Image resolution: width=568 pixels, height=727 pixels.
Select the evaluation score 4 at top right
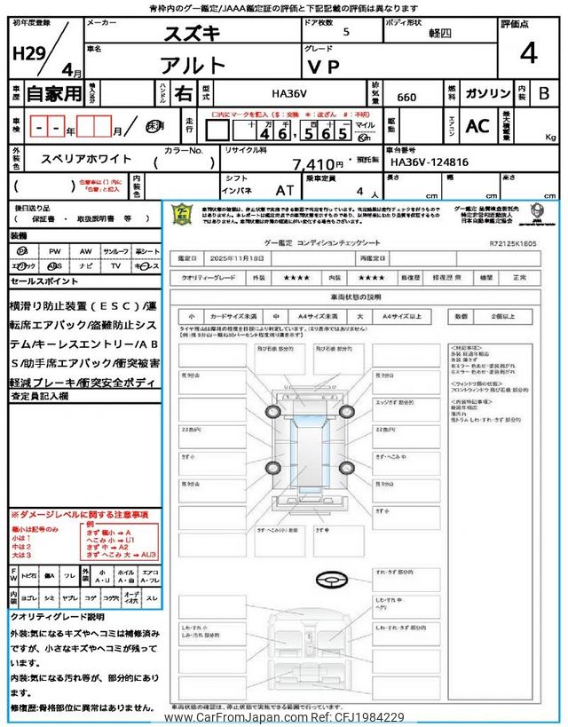(529, 54)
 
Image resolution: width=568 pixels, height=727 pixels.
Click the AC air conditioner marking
(477, 125)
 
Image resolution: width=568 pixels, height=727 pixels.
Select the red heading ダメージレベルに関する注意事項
(79, 514)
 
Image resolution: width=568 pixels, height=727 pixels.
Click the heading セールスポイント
(45, 281)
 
